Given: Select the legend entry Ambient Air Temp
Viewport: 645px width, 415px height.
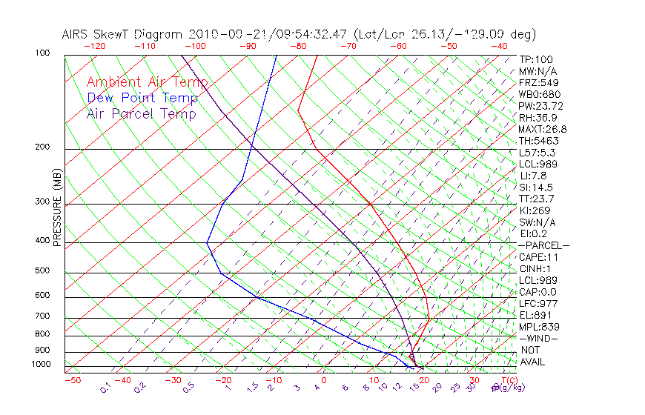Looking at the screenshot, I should (147, 82).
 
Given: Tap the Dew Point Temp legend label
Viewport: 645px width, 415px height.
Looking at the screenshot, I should (142, 98).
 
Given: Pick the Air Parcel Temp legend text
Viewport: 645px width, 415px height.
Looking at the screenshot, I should (141, 113).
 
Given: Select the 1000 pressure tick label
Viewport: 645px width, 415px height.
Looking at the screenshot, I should (42, 365).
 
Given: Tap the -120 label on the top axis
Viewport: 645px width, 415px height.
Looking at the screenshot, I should (94, 46).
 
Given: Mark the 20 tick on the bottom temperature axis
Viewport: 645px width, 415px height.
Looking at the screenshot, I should (423, 380).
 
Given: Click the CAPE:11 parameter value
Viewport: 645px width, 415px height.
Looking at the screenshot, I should (538, 257).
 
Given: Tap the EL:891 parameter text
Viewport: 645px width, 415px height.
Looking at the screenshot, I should (536, 315).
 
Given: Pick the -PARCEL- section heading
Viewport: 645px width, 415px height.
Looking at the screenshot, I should (543, 245).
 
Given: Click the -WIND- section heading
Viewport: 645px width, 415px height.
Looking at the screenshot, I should (538, 338).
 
